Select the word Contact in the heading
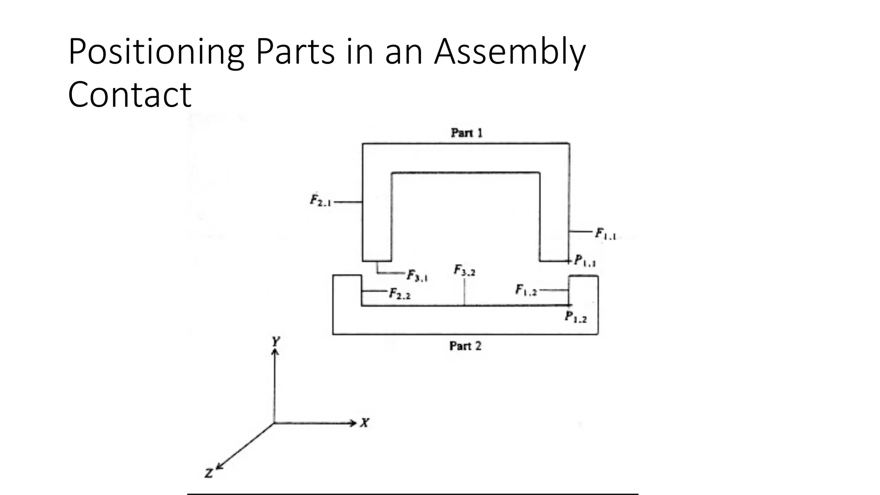pos(129,95)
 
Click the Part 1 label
pos(467,133)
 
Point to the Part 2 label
pos(465,346)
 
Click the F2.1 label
pos(321,201)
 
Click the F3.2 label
pos(464,271)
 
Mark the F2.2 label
pos(400,294)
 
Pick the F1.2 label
pos(526,290)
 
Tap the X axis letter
pos(365,423)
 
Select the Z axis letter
pos(209,474)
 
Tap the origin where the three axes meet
pos(274,423)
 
